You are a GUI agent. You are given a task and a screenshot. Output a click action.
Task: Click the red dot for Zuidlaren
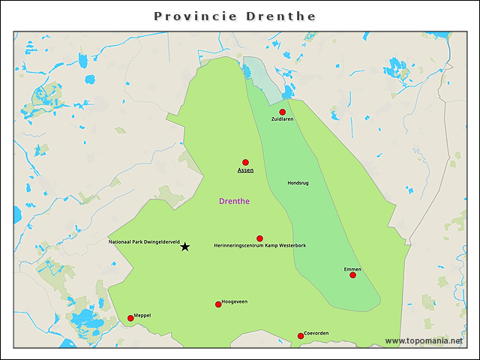[283, 112]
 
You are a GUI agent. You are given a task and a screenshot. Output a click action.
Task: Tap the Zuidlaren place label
[283, 119]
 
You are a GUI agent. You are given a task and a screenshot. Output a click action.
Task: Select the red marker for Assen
[245, 162]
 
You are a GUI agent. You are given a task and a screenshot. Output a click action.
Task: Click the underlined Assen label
[245, 170]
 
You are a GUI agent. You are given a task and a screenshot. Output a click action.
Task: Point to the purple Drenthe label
[234, 201]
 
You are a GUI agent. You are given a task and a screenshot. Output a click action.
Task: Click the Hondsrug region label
[298, 183]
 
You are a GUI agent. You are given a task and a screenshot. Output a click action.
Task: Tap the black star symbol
[185, 247]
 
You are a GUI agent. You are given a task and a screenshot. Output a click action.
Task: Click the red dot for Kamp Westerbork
[260, 238]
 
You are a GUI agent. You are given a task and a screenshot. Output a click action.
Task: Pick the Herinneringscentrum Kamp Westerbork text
[259, 246]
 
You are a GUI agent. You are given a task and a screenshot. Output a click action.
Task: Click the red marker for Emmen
[352, 275]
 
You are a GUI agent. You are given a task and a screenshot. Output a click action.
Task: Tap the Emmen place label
[352, 268]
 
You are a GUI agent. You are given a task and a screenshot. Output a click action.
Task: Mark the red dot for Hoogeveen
[218, 304]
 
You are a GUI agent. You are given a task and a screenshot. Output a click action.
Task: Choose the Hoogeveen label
[235, 301]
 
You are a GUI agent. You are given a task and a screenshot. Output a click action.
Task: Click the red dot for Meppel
[130, 319]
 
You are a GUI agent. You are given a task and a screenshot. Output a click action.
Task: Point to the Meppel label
[142, 316]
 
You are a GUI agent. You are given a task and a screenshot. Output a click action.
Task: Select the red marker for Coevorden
[301, 336]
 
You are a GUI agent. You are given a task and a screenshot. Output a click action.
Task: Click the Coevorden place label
[316, 333]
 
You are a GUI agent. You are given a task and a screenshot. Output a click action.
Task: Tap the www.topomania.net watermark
[424, 341]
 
